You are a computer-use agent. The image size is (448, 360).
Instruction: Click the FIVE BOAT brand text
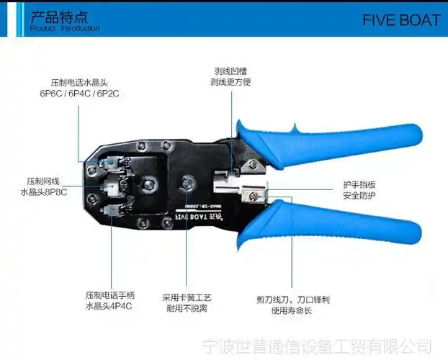click(400, 19)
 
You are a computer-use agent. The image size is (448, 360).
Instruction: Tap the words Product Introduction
click(65, 29)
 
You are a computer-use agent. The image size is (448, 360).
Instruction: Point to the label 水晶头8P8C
click(44, 193)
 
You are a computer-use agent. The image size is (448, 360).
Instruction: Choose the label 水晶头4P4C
click(109, 307)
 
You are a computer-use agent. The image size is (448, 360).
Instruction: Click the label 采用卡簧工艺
click(185, 297)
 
